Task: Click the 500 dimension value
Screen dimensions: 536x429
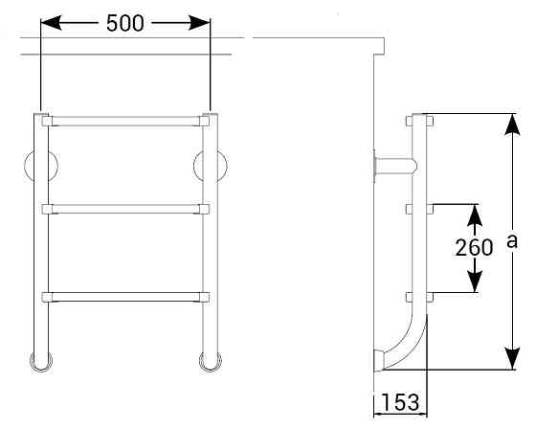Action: [x=125, y=23]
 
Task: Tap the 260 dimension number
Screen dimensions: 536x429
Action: [x=474, y=247]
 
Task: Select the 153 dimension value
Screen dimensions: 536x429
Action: [x=400, y=402]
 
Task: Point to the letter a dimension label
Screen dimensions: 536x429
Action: [x=512, y=240]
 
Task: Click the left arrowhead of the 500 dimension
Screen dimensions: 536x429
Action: [x=52, y=23]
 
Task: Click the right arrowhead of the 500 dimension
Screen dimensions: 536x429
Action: [x=199, y=23]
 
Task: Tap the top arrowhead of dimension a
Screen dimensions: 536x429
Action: [x=512, y=124]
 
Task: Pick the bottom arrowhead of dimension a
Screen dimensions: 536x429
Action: [x=512, y=358]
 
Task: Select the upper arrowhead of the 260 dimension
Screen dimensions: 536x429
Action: [x=475, y=215]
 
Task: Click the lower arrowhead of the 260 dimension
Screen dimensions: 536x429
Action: [x=475, y=282]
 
